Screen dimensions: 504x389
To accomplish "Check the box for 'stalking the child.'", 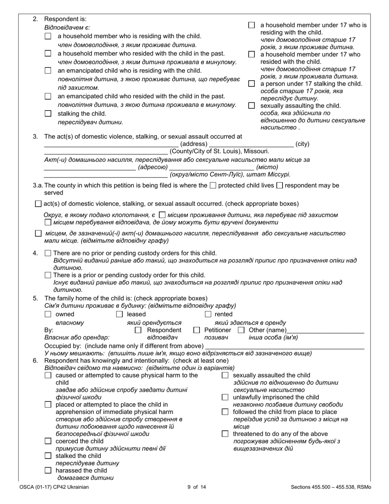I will point(48,114).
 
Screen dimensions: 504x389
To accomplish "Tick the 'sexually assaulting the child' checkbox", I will point(251,106).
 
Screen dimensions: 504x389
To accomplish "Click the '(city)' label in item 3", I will point(302,144).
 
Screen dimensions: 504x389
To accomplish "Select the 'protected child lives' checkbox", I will point(213,186).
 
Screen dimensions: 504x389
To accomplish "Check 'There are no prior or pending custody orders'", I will point(48,253).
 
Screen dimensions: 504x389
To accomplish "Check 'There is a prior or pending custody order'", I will point(48,275).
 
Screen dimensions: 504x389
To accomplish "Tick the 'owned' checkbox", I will point(48,315).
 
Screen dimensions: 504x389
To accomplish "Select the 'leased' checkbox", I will point(120,315).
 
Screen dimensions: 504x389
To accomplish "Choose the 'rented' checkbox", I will point(208,315).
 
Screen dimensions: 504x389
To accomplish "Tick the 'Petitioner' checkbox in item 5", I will point(197,330).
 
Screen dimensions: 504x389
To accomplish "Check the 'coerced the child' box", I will point(48,441).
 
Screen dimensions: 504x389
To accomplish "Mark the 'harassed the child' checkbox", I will point(48,470).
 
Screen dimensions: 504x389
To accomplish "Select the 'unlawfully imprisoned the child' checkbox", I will point(225,397).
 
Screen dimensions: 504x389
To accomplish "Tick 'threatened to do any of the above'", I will point(225,434).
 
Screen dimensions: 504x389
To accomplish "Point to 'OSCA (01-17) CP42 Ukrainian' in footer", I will point(54,487).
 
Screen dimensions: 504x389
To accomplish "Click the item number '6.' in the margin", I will point(36,361).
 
